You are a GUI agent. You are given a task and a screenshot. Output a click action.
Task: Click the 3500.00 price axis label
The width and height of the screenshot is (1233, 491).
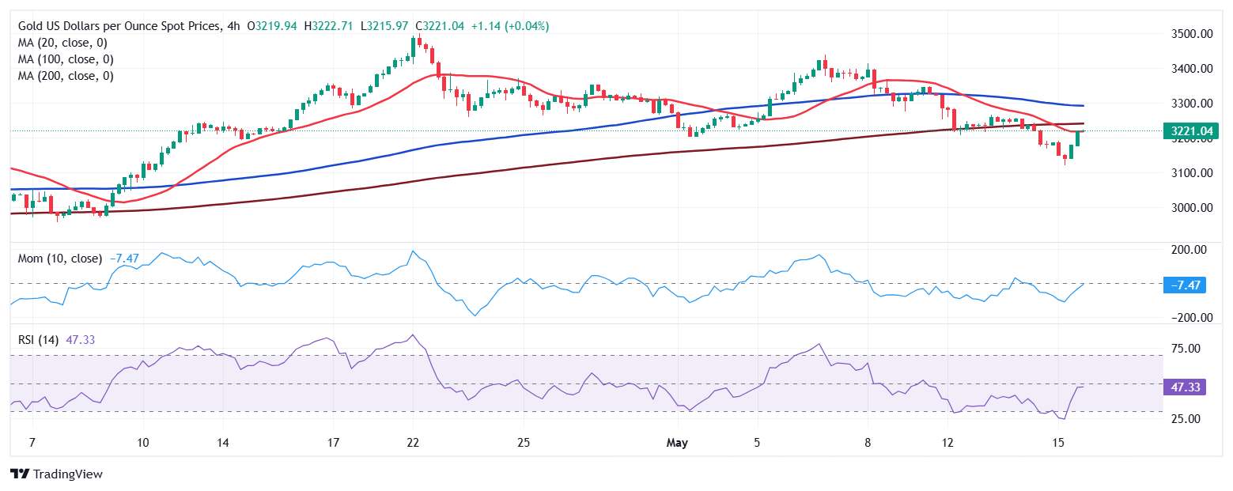[x=1191, y=34]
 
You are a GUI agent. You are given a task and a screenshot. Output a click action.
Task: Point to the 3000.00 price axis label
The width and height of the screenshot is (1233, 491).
[x=1191, y=208]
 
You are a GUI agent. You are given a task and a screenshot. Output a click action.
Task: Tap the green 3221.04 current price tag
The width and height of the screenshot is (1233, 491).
[x=1190, y=131]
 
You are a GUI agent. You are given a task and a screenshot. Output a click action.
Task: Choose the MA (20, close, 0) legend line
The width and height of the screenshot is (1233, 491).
[x=62, y=43]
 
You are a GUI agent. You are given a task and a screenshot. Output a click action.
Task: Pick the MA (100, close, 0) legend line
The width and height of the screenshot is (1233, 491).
[x=66, y=59]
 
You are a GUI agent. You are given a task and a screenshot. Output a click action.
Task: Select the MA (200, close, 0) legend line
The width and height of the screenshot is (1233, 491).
[x=66, y=76]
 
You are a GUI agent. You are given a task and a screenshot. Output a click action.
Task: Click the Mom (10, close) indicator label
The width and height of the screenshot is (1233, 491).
[x=60, y=259]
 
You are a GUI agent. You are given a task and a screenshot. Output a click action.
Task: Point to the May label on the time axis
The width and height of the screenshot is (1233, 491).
[x=678, y=442]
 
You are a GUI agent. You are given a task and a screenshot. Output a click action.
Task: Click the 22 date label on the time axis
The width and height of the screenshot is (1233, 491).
[x=413, y=442]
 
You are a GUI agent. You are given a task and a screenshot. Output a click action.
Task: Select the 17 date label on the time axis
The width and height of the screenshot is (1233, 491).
[x=333, y=442]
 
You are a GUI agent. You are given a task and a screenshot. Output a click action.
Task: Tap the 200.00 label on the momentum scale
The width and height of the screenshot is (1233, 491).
[x=1188, y=250]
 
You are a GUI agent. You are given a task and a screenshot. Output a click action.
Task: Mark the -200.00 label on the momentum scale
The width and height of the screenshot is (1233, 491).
[x=1186, y=318]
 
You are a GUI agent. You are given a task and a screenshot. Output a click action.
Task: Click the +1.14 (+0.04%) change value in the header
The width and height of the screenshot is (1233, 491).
[x=509, y=26]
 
